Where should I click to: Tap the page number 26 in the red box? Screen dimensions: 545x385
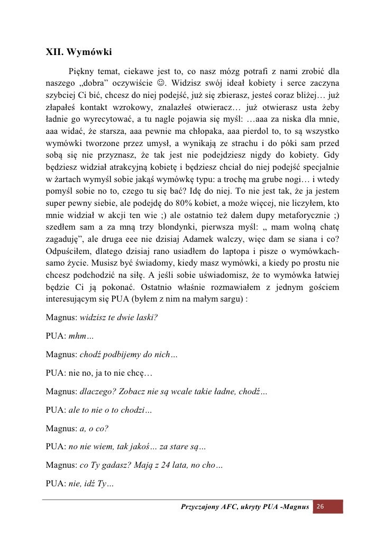(x=320, y=507)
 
